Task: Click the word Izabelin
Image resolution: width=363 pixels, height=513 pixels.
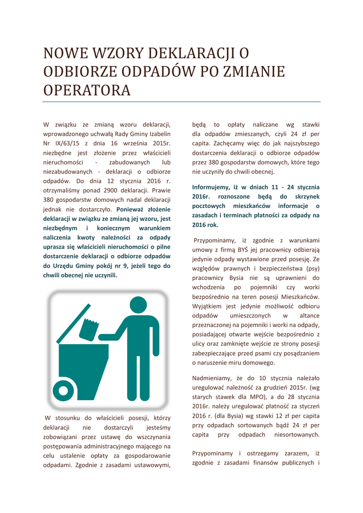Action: click(158, 134)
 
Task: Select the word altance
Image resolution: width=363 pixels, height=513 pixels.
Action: click(309, 316)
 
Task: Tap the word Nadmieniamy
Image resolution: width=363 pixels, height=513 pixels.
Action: click(215, 378)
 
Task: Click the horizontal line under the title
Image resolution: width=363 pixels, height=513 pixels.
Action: click(181, 102)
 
